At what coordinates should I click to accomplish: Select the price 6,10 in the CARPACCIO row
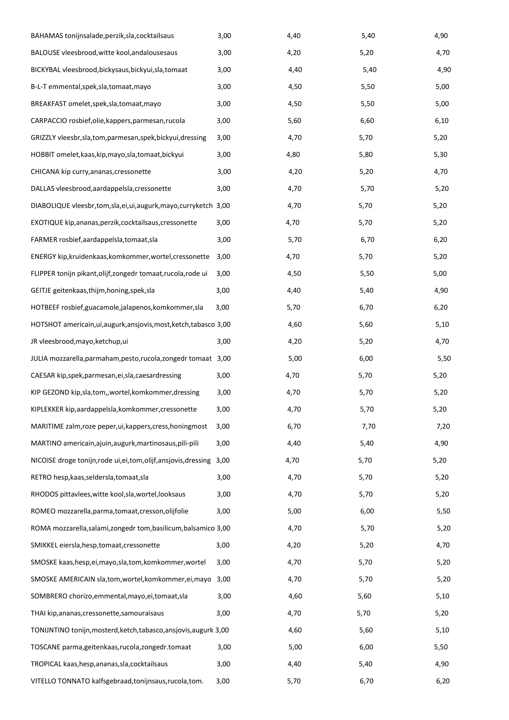(441, 121)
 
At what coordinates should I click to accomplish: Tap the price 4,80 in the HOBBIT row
(293, 155)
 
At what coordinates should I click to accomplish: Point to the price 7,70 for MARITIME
(369, 426)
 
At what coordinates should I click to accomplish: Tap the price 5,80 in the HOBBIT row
(366, 155)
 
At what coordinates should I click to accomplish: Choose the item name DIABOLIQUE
(50, 206)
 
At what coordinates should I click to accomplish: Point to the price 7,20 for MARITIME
(443, 426)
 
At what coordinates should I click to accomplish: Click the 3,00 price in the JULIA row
(224, 358)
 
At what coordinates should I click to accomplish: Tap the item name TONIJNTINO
(50, 630)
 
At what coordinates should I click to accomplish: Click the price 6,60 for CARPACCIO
(367, 121)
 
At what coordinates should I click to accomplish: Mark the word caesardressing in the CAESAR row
(158, 375)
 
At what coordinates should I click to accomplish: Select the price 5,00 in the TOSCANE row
(295, 647)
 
